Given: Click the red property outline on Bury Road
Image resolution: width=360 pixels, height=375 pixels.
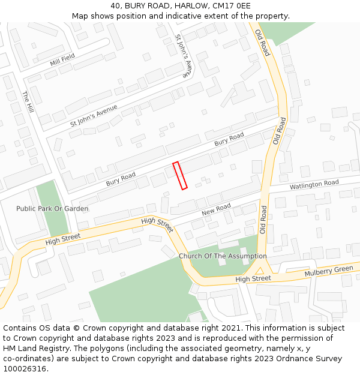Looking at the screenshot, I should pyautogui.click(x=180, y=175).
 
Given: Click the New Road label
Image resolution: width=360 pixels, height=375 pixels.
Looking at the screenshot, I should pyautogui.click(x=216, y=209).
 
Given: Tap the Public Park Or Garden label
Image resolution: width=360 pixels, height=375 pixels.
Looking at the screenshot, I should pyautogui.click(x=52, y=209).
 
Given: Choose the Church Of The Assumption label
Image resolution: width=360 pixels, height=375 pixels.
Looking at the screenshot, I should pyautogui.click(x=223, y=256).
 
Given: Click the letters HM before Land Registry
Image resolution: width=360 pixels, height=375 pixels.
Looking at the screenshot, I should pyautogui.click(x=10, y=349).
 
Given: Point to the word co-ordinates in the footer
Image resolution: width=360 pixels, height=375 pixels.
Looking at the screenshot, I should pyautogui.click(x=26, y=359).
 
